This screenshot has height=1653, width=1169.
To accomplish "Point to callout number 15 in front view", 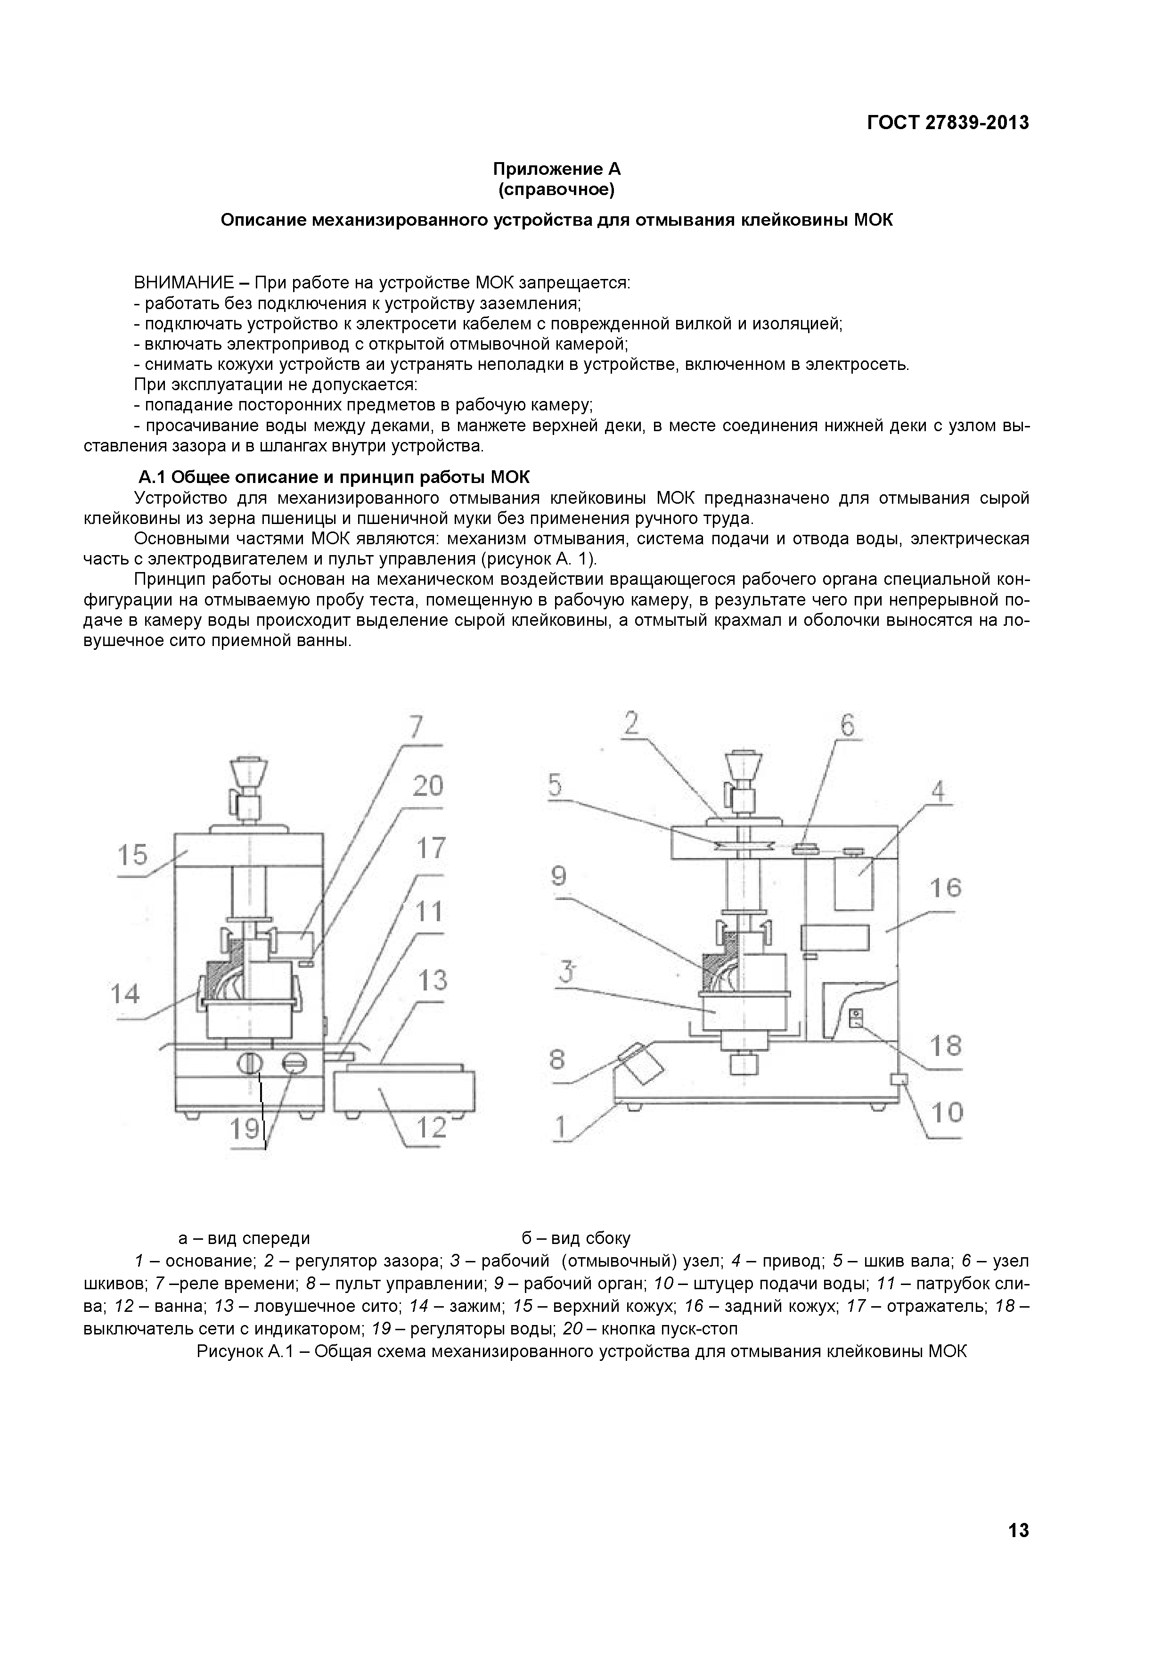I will (x=132, y=855).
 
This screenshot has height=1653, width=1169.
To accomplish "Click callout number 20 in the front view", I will (x=427, y=786).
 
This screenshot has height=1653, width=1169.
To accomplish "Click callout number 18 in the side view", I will (x=946, y=1045).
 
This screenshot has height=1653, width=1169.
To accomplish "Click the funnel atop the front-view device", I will (x=248, y=772).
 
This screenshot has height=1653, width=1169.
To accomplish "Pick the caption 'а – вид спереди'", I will (x=244, y=1238).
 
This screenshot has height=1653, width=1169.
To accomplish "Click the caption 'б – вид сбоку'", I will (x=576, y=1238).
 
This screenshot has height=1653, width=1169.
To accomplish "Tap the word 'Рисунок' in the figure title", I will (x=229, y=1351).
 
